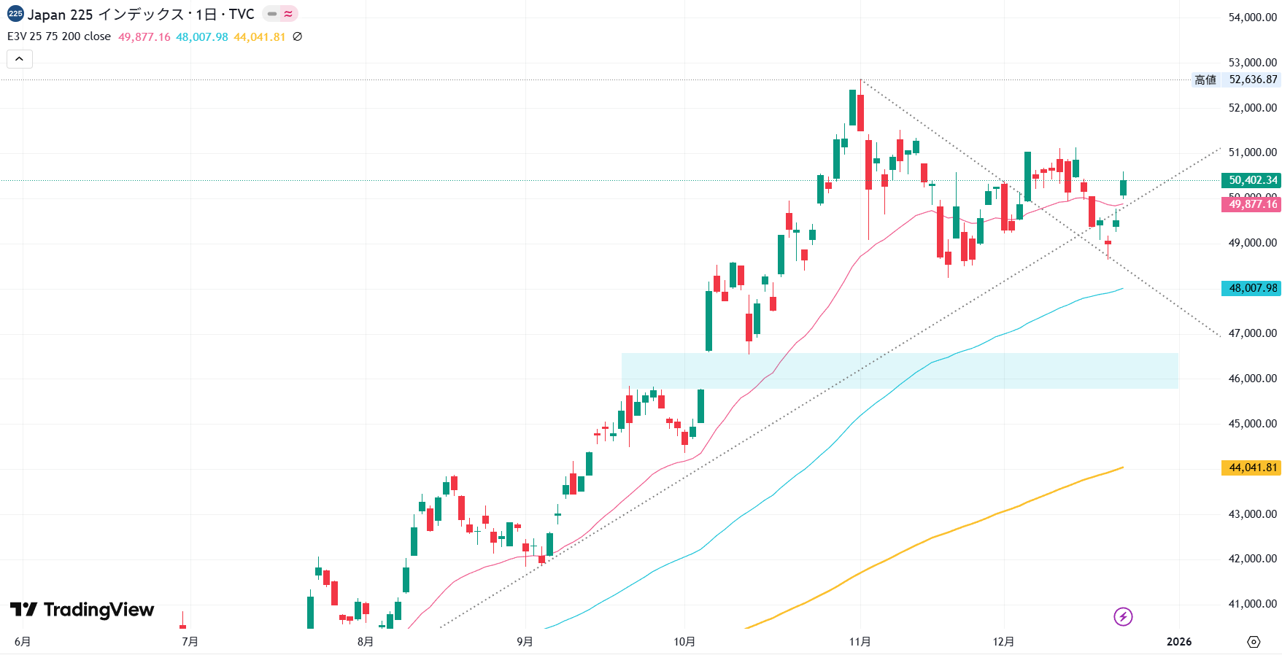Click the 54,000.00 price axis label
coord(1252,18)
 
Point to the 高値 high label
coord(1205,80)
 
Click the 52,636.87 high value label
coord(1253,80)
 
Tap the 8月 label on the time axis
coord(366,642)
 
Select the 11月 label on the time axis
coord(860,642)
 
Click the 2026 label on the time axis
coord(1179,642)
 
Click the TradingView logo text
coord(99,610)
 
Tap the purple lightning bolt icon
coord(1123,617)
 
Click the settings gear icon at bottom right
coord(1254,642)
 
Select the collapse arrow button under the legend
coord(20,59)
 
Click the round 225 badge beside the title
coord(15,14)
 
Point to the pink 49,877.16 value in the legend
coord(144,36)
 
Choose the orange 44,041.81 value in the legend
coord(259,36)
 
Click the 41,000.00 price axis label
coord(1252,604)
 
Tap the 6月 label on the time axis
coord(23,642)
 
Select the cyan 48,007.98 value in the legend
coord(202,36)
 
